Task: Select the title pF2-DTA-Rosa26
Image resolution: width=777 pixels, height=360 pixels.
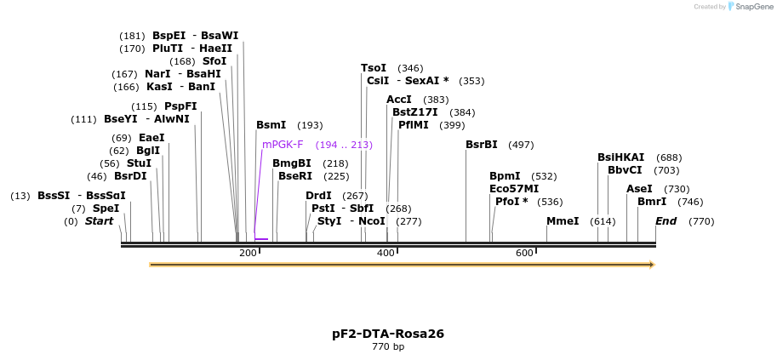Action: tap(388, 334)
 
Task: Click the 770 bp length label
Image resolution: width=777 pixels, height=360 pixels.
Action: tap(388, 347)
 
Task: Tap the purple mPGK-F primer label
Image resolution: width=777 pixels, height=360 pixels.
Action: tap(283, 145)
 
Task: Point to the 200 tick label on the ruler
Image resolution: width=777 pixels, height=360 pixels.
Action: tap(248, 254)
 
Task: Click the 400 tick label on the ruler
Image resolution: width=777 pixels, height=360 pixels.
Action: tap(386, 254)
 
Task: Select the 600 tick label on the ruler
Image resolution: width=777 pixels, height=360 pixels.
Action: tap(524, 254)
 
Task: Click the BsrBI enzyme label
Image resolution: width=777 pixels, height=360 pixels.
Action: tap(482, 145)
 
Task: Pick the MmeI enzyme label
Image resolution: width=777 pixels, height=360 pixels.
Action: tap(563, 221)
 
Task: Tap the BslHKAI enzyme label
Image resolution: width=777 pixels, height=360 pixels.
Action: tap(621, 157)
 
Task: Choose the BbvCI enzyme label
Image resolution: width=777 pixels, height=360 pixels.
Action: tap(625, 170)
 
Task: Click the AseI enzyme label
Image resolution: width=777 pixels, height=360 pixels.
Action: tap(639, 189)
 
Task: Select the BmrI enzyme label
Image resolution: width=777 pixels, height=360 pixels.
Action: tap(652, 202)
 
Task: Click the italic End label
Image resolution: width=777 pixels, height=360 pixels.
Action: tap(666, 221)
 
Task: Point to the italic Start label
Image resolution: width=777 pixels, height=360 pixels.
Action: tap(99, 221)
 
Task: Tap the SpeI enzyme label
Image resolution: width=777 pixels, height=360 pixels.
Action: tap(106, 209)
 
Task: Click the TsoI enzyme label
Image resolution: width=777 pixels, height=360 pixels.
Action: tap(374, 68)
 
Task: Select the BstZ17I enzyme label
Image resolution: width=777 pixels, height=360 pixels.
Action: tap(415, 112)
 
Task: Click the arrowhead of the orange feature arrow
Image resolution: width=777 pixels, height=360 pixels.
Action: tap(651, 265)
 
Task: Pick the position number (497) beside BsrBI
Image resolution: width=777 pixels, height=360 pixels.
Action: tap(521, 145)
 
